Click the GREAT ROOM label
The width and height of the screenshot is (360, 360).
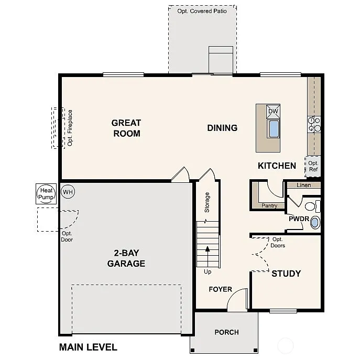coord(126,128)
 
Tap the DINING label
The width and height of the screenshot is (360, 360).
coord(222,128)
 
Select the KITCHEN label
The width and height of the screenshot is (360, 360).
coord(277,166)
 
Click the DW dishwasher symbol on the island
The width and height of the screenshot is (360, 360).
coord(273,111)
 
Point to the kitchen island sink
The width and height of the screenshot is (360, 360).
coord(274,128)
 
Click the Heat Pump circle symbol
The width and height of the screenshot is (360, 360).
coord(46,194)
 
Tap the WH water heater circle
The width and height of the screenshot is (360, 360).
coord(68,192)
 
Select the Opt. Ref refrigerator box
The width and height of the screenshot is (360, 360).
coord(313,166)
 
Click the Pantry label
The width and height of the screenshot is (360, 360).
coord(270,206)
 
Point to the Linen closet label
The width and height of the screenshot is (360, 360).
coord(303,185)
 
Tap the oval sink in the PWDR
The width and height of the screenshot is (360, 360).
coord(314,223)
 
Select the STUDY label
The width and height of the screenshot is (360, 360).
coord(286,274)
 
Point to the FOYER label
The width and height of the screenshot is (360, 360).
coord(220,289)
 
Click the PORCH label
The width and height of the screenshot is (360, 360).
coord(226,332)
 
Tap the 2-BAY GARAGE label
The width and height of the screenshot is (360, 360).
coord(126,258)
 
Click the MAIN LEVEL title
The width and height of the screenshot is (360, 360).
coord(88,347)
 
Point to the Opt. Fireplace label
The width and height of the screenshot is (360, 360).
coord(70,127)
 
